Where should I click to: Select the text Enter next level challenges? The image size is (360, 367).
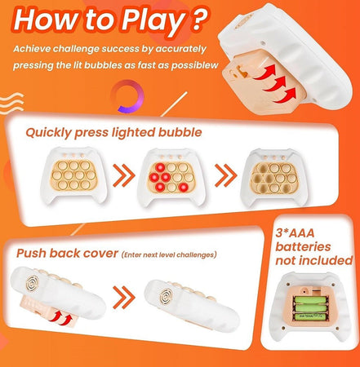pos(169,254)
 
